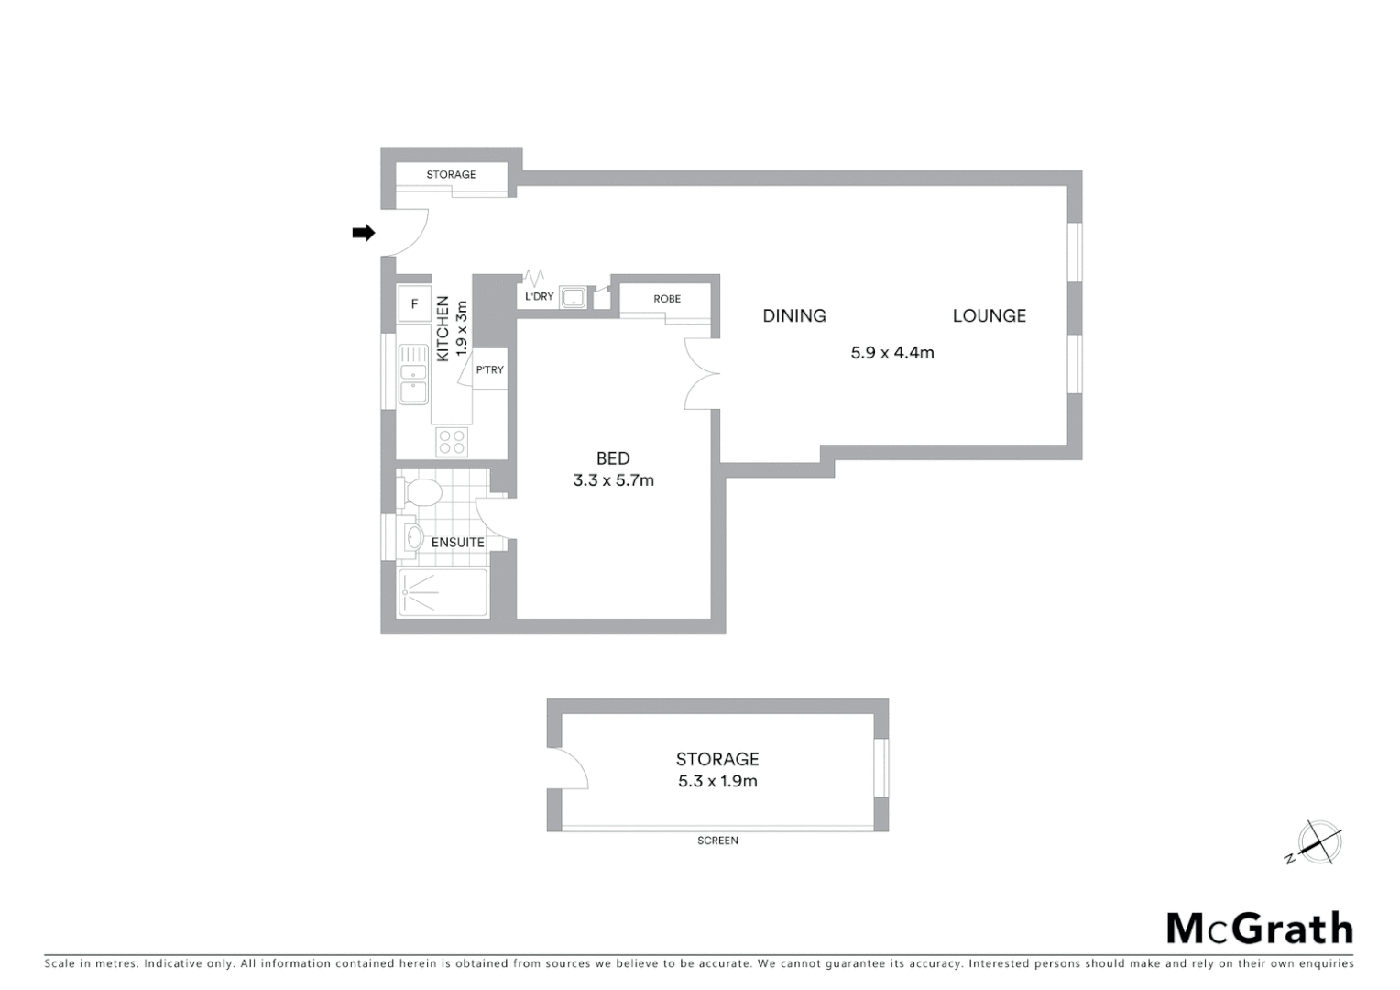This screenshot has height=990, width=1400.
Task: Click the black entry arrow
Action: point(364,233)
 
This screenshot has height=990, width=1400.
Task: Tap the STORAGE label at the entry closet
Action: point(451,174)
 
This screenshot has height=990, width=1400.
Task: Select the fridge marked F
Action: point(414,303)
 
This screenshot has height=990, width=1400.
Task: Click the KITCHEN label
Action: point(443,328)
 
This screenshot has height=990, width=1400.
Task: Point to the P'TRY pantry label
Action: point(489,369)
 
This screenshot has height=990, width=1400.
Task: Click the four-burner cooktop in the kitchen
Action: point(451,442)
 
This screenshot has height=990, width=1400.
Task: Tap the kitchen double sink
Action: point(413,374)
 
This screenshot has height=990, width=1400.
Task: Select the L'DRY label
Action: point(539,297)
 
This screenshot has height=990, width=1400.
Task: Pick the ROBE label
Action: point(667,299)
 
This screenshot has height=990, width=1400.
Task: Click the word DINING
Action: point(794,315)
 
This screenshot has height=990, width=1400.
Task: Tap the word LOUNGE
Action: point(989,315)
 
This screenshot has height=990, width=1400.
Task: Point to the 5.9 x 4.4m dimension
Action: point(892,352)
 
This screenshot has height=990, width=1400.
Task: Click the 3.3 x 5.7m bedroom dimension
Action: point(613,479)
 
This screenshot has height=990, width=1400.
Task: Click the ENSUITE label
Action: point(457,542)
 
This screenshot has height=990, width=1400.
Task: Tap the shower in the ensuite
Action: point(443,592)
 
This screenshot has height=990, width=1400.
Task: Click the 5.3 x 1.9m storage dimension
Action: point(717,781)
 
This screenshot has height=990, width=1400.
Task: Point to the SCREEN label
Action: point(717,841)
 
